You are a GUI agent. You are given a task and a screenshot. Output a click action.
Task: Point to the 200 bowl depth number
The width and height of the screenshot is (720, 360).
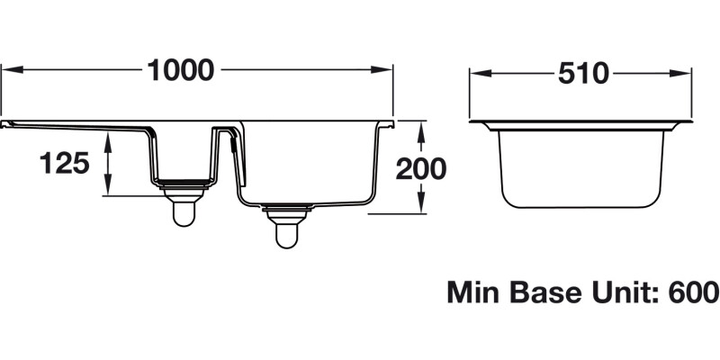[x=421, y=167]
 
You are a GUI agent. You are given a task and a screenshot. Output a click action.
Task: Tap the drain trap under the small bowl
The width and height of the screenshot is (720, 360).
[x=184, y=207]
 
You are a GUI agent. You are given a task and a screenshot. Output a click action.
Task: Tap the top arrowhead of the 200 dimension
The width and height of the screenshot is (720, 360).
[x=420, y=127]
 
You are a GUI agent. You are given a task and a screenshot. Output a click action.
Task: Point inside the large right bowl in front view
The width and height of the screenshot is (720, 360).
[x=306, y=162]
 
